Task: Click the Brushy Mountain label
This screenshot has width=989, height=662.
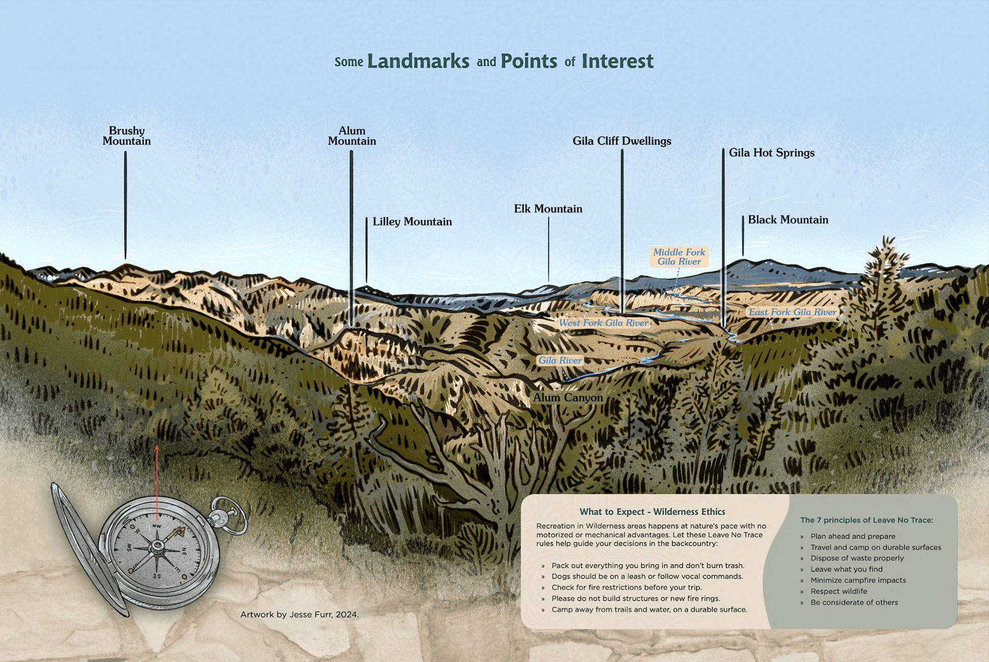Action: (127, 136)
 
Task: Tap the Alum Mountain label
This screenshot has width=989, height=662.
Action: (352, 136)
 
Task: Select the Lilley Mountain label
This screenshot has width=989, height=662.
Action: (412, 222)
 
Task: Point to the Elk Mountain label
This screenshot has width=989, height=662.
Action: (548, 209)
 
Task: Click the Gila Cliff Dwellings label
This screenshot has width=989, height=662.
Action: (622, 141)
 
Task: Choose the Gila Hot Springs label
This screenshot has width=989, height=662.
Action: (771, 152)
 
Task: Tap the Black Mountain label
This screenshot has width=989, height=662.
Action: (788, 219)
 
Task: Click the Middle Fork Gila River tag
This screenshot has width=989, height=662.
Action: (679, 257)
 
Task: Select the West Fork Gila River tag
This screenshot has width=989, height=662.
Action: (603, 323)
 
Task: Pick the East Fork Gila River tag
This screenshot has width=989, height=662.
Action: (792, 312)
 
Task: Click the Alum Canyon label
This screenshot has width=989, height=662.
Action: (568, 398)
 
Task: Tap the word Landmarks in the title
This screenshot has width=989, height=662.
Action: (418, 61)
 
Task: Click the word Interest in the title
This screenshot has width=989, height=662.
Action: (617, 61)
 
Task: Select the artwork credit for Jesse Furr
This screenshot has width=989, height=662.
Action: (299, 614)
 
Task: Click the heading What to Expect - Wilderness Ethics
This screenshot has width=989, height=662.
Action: (652, 512)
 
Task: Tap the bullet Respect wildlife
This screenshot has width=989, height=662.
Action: (839, 591)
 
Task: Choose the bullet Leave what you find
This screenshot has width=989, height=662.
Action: (846, 569)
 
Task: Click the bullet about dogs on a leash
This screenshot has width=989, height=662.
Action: (647, 576)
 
